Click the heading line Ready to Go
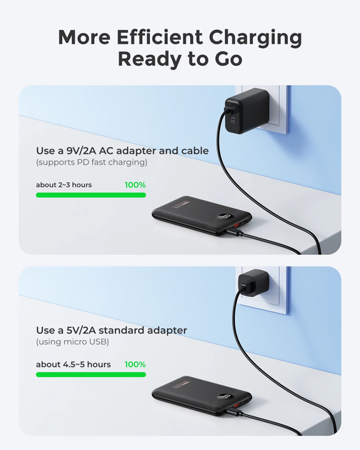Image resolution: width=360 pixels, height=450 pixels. click(180, 59)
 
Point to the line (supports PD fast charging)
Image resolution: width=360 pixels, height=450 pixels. click(91, 162)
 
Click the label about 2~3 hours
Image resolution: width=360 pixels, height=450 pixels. click(64, 185)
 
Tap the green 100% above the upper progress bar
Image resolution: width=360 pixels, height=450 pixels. click(135, 185)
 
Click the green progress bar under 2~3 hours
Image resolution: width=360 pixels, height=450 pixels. click(91, 195)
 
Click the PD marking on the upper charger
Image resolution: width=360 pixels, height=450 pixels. click(233, 121)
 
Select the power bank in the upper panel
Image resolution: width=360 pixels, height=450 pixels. click(201, 216)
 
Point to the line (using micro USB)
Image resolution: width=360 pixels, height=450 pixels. click(72, 342)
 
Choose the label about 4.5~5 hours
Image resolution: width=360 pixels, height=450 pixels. click(73, 364)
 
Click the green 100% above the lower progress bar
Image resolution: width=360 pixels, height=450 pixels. click(135, 364)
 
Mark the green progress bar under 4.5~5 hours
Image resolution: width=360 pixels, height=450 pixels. click(91, 374)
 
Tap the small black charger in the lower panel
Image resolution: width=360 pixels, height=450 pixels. click(253, 283)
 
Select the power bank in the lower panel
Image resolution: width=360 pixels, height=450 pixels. click(201, 396)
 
